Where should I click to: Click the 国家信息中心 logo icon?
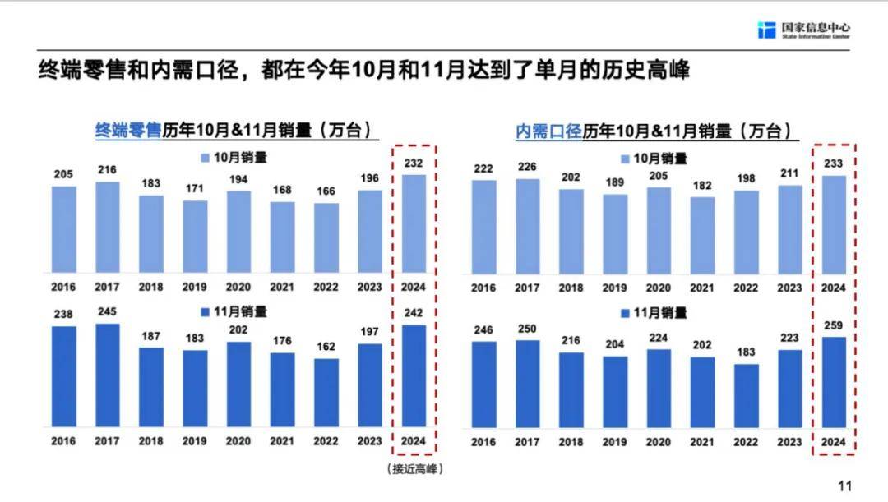click(x=766, y=30)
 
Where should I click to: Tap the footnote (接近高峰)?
click(x=414, y=469)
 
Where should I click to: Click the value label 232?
click(x=414, y=163)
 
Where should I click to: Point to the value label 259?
click(x=833, y=325)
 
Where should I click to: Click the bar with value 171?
click(x=195, y=237)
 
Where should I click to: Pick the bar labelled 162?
click(x=326, y=393)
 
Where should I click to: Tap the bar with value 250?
click(x=528, y=384)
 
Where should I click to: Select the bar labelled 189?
click(x=615, y=233)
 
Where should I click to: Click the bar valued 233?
click(x=833, y=223)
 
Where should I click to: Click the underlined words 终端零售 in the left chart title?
click(x=129, y=130)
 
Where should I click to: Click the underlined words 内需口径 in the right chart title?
click(x=548, y=131)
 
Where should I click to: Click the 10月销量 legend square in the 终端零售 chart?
click(x=206, y=157)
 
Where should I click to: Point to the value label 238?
click(x=63, y=315)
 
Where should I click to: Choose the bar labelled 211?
click(x=789, y=228)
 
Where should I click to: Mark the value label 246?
click(x=483, y=329)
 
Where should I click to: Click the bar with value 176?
click(x=283, y=390)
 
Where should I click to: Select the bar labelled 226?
click(x=528, y=225)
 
